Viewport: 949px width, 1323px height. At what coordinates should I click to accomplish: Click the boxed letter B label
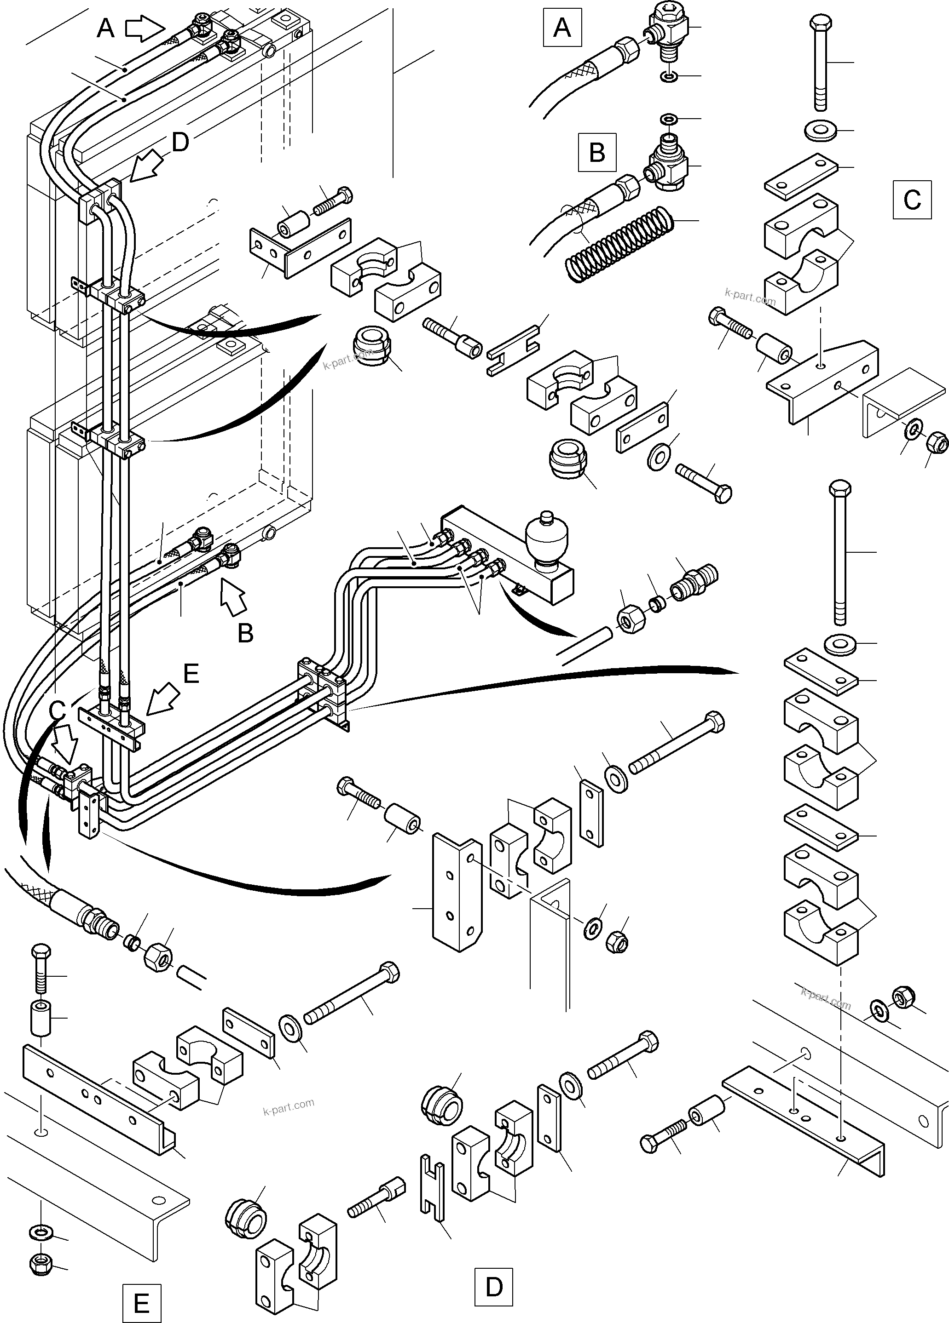[596, 152]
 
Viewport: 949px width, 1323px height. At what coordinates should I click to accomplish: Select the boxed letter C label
[912, 200]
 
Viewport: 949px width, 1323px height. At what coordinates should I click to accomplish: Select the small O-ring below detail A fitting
[670, 76]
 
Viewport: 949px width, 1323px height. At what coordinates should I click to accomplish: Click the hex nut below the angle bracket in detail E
[41, 1265]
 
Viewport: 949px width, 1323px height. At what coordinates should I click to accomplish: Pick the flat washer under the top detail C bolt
[820, 131]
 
